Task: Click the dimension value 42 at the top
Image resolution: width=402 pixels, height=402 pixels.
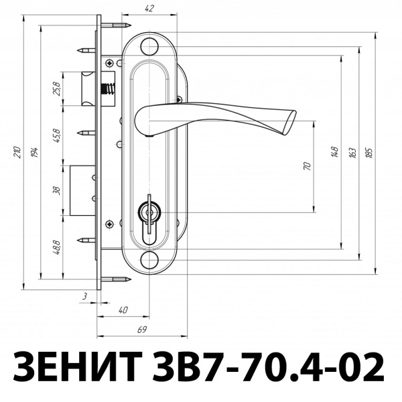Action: (x=149, y=8)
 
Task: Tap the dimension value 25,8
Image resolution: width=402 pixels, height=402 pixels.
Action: (x=57, y=88)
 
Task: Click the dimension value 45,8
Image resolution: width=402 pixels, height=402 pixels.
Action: (x=57, y=136)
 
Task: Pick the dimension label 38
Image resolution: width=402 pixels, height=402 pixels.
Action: (x=57, y=190)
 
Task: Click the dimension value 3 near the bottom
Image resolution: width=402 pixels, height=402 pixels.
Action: (x=86, y=295)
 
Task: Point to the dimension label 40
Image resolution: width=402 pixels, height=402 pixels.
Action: (x=122, y=310)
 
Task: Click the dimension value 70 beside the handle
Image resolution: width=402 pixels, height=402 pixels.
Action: (x=307, y=165)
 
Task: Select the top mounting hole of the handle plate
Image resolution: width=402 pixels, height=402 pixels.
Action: (x=149, y=47)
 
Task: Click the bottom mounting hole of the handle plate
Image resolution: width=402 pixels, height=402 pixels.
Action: (x=149, y=260)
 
